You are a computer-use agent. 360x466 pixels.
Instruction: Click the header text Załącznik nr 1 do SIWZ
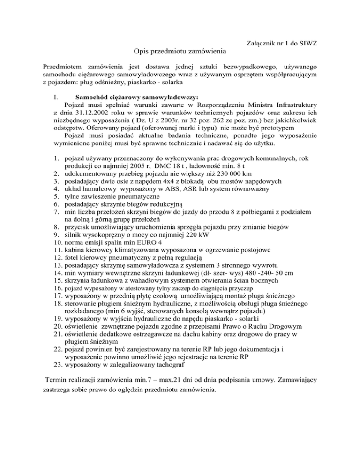tap(282, 44)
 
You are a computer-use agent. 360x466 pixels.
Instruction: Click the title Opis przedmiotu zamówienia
tap(180, 51)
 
